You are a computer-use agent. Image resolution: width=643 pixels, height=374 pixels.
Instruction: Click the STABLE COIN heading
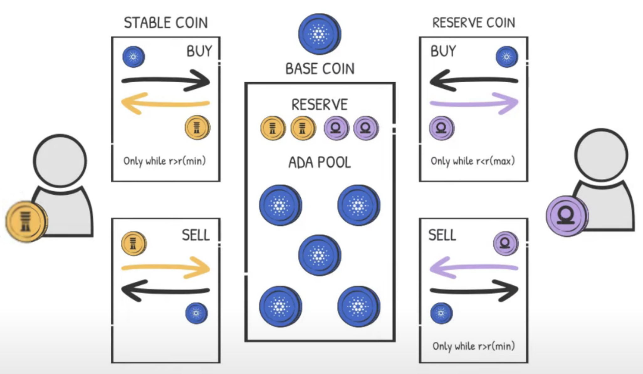click(x=166, y=23)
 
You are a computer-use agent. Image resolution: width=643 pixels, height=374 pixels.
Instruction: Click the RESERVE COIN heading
click(x=473, y=23)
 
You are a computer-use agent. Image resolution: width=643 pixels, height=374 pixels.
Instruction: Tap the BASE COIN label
click(x=320, y=69)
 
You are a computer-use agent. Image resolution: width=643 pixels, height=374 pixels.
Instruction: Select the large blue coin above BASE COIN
click(x=319, y=34)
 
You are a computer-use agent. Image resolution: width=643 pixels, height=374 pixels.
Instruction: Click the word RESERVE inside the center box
click(x=320, y=105)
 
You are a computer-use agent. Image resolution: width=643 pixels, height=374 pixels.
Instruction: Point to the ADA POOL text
click(x=320, y=163)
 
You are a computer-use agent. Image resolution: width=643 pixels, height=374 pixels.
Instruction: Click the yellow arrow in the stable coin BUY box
click(x=165, y=103)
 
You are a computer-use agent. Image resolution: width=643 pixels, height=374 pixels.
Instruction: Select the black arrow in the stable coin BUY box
click(x=166, y=80)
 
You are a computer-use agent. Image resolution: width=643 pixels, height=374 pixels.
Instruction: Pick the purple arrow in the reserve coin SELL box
click(x=473, y=268)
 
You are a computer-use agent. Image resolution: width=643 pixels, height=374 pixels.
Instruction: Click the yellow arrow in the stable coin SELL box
click(x=166, y=268)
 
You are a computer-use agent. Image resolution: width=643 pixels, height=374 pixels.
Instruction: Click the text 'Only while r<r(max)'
click(x=473, y=161)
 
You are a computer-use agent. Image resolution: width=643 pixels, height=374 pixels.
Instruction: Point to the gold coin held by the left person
click(x=26, y=221)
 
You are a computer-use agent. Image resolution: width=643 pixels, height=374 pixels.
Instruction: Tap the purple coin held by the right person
click(x=567, y=216)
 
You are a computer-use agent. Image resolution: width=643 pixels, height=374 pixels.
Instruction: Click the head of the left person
click(x=60, y=161)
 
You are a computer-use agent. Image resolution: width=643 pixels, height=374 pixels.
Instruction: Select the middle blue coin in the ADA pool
click(x=319, y=255)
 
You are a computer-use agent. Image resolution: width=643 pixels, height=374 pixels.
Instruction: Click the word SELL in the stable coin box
click(x=196, y=235)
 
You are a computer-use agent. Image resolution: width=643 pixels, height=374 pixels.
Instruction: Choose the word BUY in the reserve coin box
click(x=443, y=51)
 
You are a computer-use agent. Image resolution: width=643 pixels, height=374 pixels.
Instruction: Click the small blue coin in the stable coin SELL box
click(x=196, y=313)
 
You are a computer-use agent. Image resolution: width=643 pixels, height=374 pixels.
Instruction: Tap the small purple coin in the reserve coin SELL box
click(x=505, y=243)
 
